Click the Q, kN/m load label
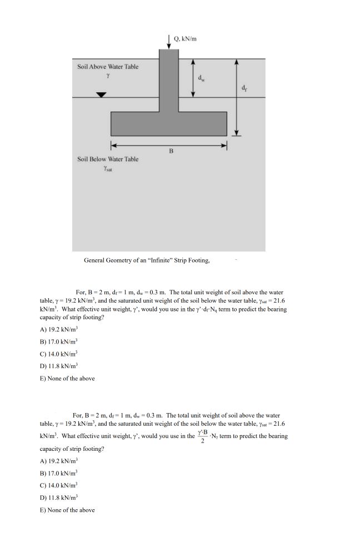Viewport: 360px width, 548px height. pos(186,39)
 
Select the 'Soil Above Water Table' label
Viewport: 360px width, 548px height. pos(108,67)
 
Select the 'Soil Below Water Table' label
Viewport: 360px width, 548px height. pos(108,159)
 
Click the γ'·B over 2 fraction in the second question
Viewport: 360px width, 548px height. pos(203,436)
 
